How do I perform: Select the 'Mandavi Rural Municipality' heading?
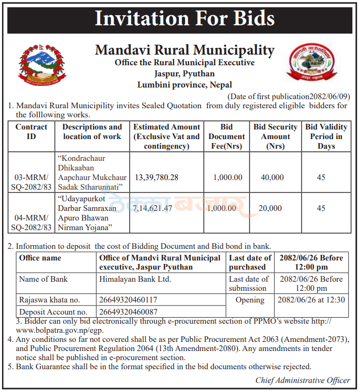click(185, 51)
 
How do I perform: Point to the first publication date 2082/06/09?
click(289, 96)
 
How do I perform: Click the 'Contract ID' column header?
click(31, 132)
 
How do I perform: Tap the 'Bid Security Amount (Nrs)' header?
click(276, 137)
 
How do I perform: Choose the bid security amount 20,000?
click(271, 208)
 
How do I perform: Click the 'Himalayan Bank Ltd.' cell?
click(135, 279)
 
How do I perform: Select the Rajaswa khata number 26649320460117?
click(128, 300)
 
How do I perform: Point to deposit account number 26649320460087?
click(128, 312)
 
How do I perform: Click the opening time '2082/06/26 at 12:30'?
click(311, 300)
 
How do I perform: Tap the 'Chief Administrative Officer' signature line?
click(302, 380)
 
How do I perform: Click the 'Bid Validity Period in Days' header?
click(326, 137)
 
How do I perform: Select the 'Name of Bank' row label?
click(43, 279)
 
